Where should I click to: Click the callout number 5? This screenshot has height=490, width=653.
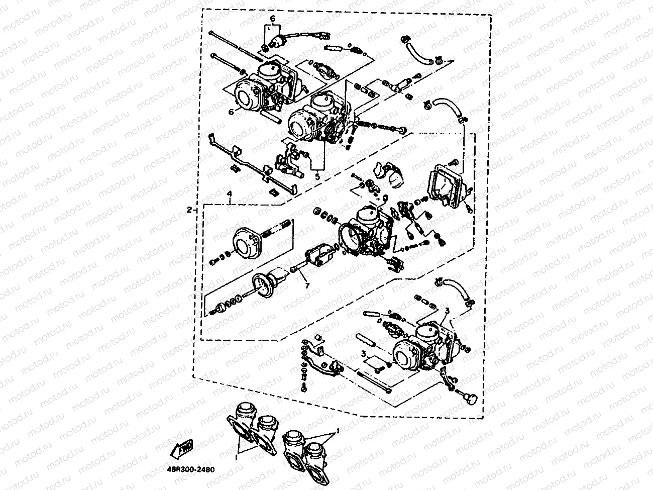(317, 177)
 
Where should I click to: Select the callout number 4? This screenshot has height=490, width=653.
(229, 193)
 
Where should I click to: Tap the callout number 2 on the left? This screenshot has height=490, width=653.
(189, 209)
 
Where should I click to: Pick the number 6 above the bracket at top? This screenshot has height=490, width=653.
(272, 19)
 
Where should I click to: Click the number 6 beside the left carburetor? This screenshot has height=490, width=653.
(232, 113)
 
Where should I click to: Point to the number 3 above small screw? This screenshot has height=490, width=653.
(363, 353)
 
